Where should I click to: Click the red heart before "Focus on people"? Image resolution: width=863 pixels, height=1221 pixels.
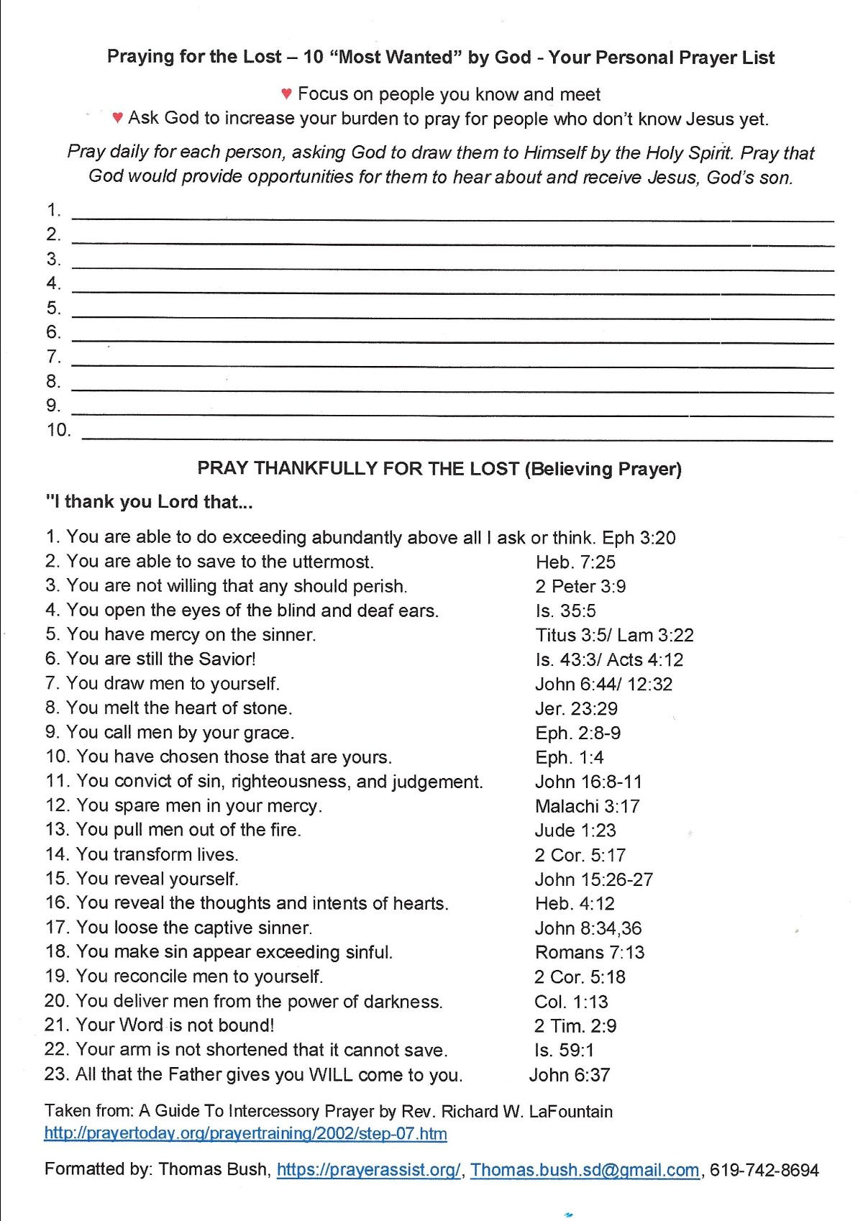pos(286,93)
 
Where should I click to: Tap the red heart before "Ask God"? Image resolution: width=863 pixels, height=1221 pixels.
pos(118,117)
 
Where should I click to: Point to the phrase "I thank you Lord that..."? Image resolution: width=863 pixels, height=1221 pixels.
pos(149,502)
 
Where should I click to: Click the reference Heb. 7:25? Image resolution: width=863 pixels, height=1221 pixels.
pos(575,562)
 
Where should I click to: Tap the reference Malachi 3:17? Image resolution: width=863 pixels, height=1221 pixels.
pos(587,806)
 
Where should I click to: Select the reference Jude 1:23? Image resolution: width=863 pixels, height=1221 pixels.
pos(575,831)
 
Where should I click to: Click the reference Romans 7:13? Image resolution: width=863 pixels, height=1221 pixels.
pos(590,952)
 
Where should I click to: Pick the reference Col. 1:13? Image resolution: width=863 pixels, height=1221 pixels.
pos(571,1001)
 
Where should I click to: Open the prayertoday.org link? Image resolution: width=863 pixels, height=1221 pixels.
pos(245,1134)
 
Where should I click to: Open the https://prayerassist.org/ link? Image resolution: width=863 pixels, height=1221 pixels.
pos(368,1170)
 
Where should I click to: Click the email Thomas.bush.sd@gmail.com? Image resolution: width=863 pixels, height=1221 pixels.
pos(585,1170)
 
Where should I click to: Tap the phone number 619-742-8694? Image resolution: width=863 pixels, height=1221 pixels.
pos(764,1170)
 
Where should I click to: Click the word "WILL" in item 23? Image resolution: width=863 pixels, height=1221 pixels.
pos(331,1074)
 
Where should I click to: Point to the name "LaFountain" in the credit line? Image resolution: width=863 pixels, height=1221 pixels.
pos(571,1111)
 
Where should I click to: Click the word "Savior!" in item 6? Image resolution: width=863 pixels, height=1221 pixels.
pos(229,659)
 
